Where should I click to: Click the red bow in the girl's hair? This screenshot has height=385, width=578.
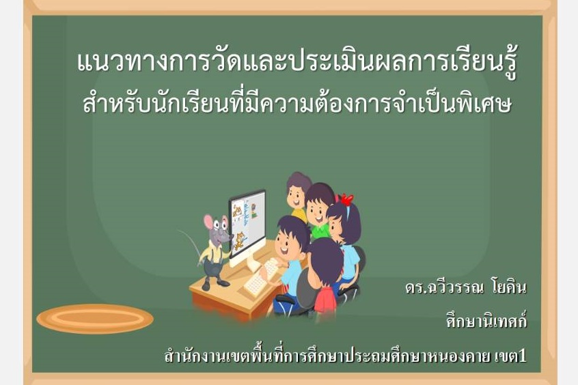coord(346,200)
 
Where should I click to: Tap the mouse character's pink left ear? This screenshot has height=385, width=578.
coord(208,223)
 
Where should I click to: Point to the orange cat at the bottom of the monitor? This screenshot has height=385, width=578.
coord(240,240)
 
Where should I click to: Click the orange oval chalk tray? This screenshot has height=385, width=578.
coord(95,319)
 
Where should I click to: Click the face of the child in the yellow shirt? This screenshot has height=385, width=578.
coord(296,197)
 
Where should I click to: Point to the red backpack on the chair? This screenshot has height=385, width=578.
coord(325,301)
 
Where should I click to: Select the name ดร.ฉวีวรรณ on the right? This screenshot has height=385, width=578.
coord(444,287)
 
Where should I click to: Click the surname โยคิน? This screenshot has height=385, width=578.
coord(509,287)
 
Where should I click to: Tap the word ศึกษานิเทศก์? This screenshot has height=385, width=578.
coord(486,322)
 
